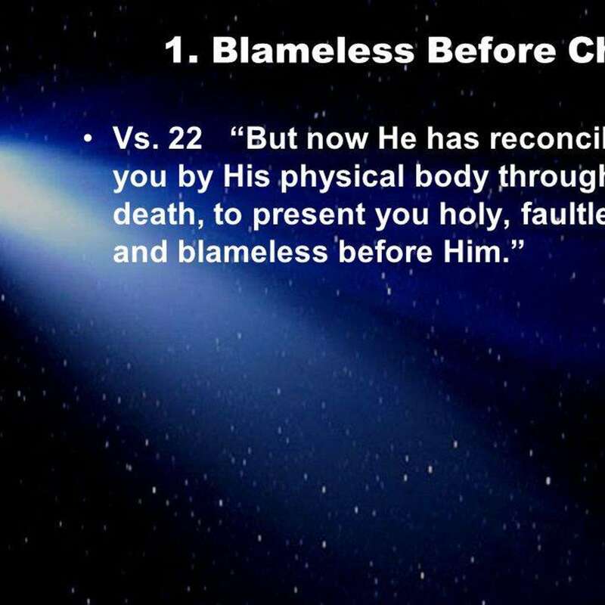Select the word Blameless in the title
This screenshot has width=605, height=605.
point(313,51)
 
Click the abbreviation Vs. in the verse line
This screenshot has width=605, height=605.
point(136,139)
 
